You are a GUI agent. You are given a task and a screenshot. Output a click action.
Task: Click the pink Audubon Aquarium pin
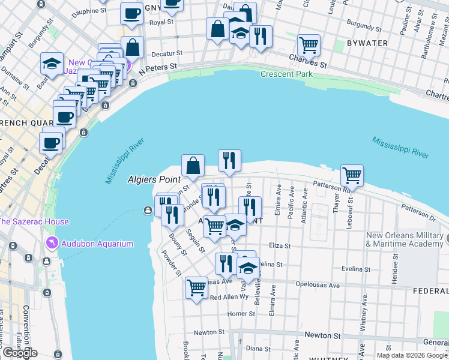pos(52,244)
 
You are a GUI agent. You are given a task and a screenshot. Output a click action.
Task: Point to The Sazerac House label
pos(34,221)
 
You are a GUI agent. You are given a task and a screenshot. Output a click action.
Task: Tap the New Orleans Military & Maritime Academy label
pos(405,239)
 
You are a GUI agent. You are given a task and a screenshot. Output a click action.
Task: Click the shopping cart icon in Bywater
pos(309,44)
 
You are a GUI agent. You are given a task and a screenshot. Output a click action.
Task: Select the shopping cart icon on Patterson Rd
pos(352,175)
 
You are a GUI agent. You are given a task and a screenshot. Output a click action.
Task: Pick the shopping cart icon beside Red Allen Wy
pos(196,287)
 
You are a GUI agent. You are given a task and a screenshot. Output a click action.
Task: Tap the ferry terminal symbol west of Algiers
pos(147,210)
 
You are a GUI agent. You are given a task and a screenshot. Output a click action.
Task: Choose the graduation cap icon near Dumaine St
pos(52,63)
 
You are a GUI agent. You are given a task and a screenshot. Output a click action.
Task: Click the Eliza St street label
pos(279,245)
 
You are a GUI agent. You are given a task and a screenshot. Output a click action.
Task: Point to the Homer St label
pos(241,314)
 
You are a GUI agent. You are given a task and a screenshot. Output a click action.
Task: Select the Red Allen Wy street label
pos(229,297)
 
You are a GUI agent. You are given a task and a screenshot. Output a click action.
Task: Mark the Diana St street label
pos(258,348)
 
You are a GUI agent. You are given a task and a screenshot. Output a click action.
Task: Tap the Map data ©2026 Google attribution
pos(411,355)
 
